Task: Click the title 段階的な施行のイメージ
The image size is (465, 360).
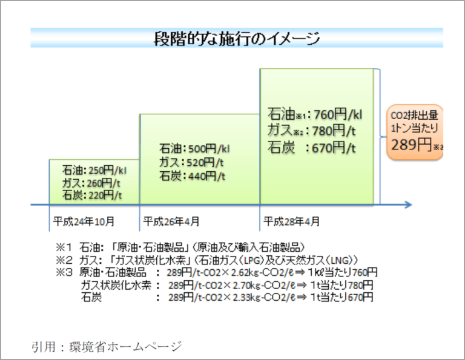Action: [237, 39]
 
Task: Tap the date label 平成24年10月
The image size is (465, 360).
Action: [83, 221]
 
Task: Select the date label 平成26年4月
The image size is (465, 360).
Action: [171, 221]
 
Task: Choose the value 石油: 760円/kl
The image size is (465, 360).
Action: [315, 113]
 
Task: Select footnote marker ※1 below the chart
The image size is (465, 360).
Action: [64, 247]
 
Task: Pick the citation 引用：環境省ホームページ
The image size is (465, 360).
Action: [107, 347]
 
